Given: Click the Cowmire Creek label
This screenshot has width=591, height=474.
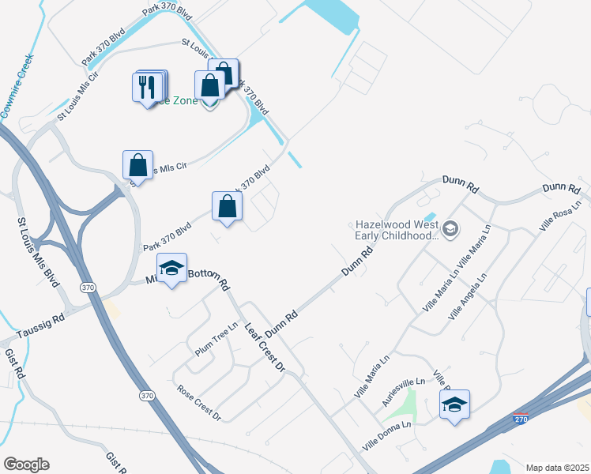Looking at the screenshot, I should [x=17, y=86].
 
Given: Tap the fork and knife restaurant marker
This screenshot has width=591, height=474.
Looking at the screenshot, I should [x=148, y=86].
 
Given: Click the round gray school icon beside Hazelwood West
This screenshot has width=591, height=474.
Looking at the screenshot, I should [x=450, y=230].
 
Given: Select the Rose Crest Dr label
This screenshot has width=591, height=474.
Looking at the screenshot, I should [x=199, y=403].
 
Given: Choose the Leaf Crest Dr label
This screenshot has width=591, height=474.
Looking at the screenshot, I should [x=264, y=347].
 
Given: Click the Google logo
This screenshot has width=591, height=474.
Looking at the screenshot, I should [x=26, y=465].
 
